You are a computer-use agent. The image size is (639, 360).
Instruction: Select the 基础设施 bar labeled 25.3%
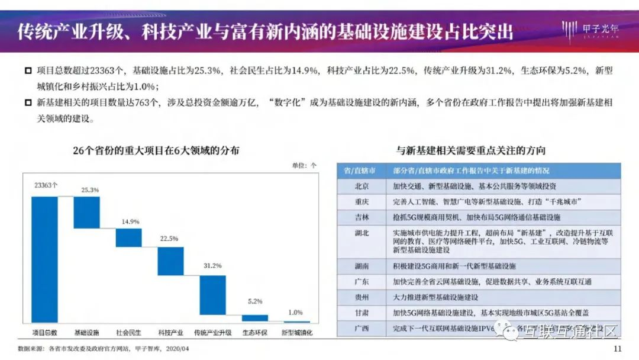click(x=86, y=212)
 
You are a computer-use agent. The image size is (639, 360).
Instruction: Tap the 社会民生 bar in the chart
click(x=128, y=237)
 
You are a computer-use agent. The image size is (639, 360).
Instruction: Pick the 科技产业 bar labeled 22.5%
click(x=170, y=261)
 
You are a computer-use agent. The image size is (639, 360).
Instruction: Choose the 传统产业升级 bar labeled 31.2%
click(x=212, y=295)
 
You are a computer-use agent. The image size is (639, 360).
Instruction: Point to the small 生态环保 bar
click(x=255, y=318)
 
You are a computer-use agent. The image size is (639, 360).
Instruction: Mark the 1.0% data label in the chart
click(x=296, y=312)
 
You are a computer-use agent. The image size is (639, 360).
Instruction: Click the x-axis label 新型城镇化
click(x=296, y=333)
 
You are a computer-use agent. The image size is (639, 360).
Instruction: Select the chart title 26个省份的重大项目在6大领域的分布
click(x=156, y=150)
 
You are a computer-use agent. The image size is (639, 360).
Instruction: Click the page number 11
click(x=618, y=348)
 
